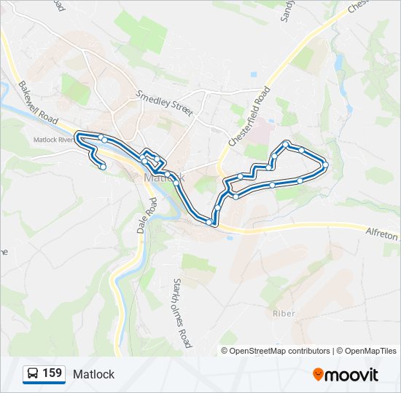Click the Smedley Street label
click(164, 104)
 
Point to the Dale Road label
click(147, 215)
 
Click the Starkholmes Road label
click(182, 311)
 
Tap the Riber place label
click(284, 314)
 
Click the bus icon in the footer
click(33, 374)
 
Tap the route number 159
click(52, 373)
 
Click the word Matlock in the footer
click(93, 374)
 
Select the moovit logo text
click(352, 375)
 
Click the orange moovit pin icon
click(318, 374)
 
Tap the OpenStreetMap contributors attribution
click(280, 351)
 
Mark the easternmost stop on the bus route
click(325, 164)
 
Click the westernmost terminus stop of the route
click(103, 167)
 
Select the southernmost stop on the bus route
click(209, 221)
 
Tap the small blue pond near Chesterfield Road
click(252, 74)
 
